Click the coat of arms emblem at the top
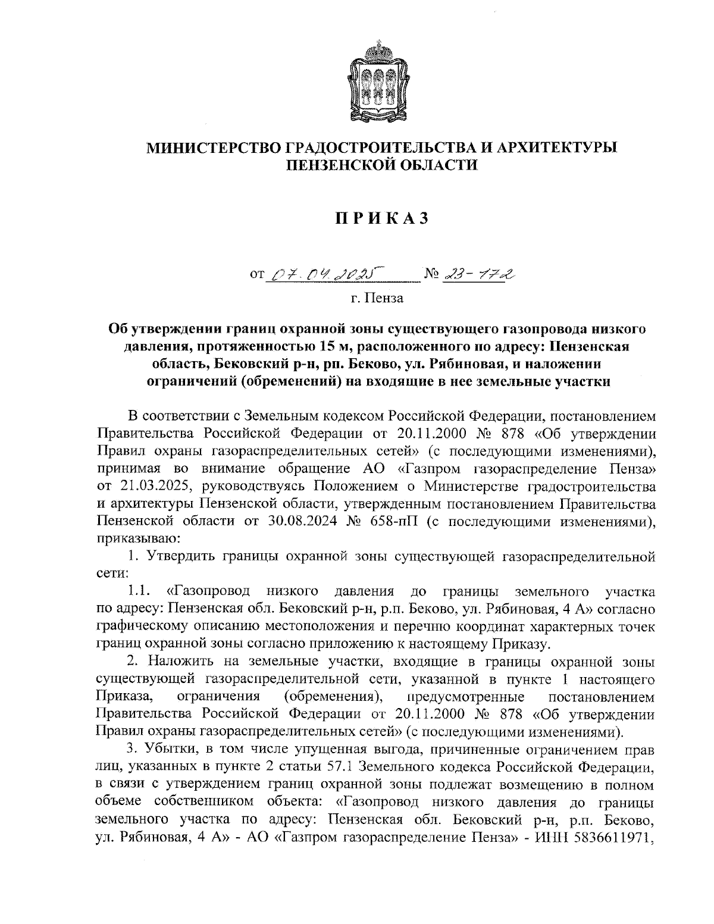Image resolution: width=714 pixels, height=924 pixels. point(376,83)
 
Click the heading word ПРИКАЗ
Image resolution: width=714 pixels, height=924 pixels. point(376,220)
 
